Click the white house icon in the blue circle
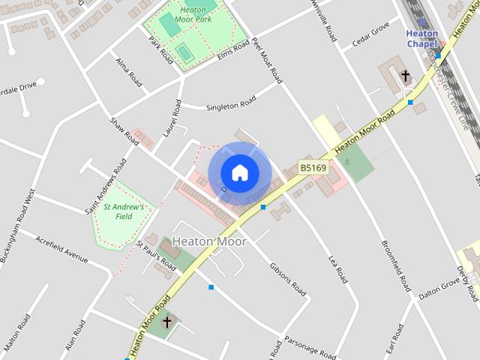coord(239,172)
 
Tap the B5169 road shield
coord(313,167)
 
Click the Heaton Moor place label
coord(209,241)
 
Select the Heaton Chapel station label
coord(422,38)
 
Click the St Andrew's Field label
coord(124,211)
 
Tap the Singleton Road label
coord(231,102)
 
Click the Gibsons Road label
coord(288,277)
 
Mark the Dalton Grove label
coord(439,289)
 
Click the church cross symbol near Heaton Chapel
coord(406,76)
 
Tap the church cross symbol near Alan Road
coord(166,322)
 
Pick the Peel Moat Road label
coord(268,61)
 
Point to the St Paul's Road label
coord(156,255)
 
